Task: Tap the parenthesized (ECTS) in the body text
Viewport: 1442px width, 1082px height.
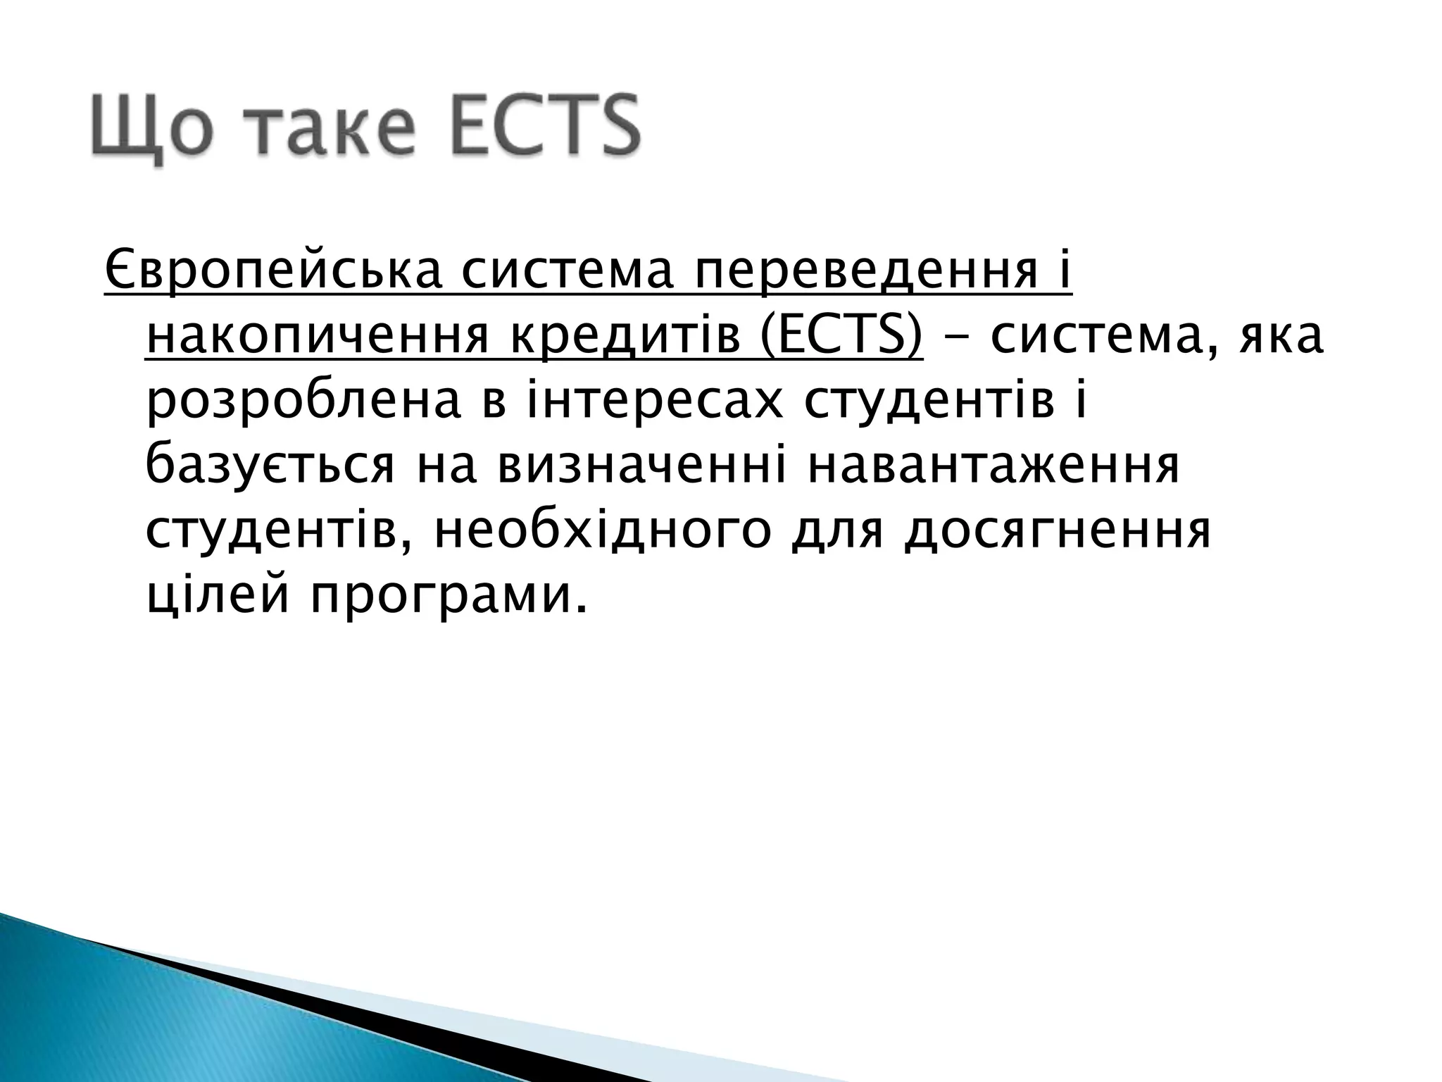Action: coord(841,336)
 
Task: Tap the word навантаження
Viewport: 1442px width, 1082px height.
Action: coord(993,467)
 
